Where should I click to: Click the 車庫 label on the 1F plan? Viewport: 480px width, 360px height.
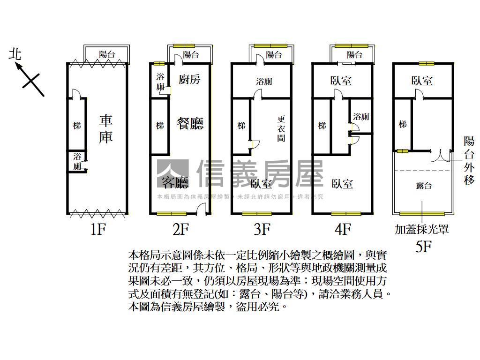click(106, 129)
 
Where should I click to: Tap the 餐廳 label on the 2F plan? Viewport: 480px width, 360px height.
click(190, 124)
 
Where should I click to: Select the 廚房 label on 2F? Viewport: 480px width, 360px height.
click(189, 79)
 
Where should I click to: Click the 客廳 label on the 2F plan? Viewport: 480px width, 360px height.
click(175, 181)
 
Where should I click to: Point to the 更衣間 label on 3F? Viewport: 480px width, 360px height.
click(281, 128)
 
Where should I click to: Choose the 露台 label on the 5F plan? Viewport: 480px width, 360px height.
click(424, 186)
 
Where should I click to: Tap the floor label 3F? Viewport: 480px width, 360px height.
click(262, 230)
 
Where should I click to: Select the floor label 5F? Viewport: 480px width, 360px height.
click(423, 247)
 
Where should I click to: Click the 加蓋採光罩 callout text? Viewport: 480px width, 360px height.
click(422, 230)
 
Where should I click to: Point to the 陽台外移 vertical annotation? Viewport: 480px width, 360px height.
click(469, 160)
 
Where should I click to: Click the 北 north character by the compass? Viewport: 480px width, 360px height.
click(15, 54)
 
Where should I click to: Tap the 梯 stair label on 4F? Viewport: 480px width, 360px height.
click(322, 126)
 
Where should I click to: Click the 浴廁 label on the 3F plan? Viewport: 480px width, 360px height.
click(264, 82)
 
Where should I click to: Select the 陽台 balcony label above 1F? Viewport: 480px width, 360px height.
click(107, 54)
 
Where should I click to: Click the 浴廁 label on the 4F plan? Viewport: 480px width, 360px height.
click(361, 116)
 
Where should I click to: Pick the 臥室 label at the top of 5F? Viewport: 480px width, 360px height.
click(422, 81)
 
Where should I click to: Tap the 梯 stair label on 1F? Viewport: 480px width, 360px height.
click(76, 126)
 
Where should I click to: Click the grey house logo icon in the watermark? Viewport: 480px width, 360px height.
click(172, 174)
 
